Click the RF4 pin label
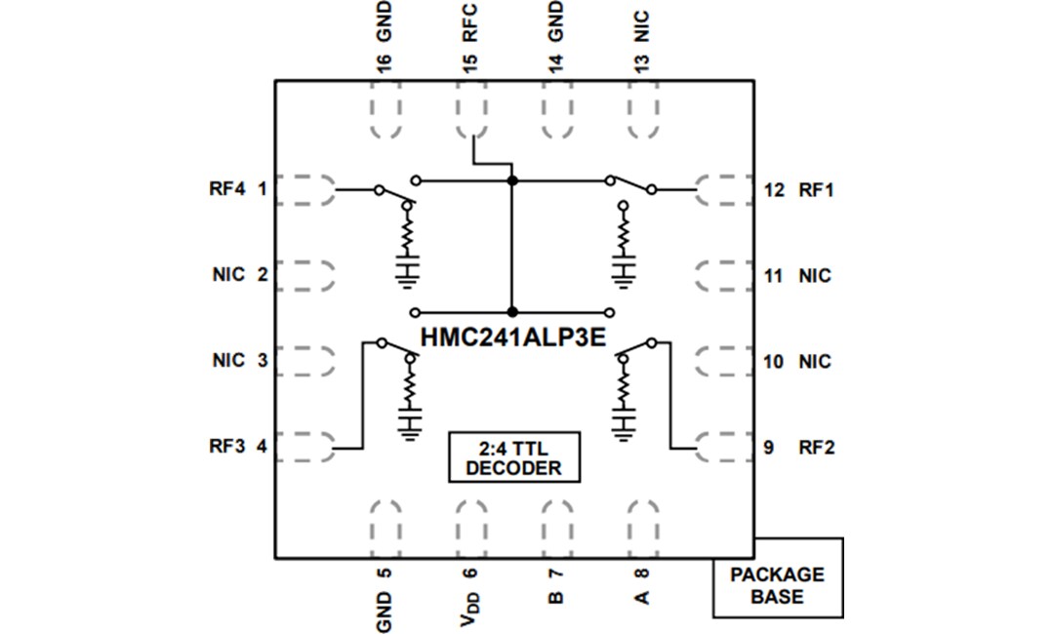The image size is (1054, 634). click(227, 189)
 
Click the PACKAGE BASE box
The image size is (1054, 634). click(777, 586)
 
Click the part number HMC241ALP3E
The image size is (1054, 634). click(514, 336)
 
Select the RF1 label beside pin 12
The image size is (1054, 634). click(816, 190)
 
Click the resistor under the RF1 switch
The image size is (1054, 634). click(622, 235)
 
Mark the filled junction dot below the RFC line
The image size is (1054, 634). click(512, 180)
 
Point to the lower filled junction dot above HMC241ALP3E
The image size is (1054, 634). click(512, 311)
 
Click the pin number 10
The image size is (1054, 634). click(774, 362)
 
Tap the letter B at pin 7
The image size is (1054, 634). click(555, 596)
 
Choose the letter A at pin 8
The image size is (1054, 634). click(642, 596)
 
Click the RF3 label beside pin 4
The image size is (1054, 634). click(227, 448)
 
